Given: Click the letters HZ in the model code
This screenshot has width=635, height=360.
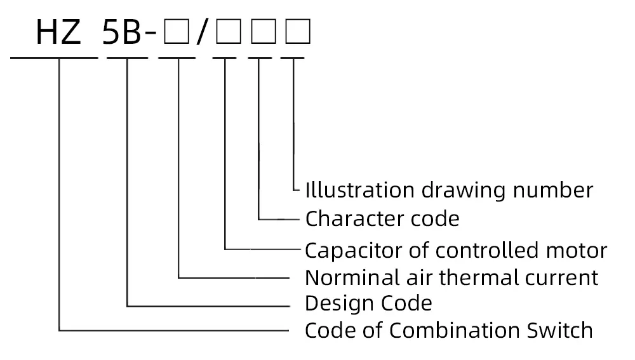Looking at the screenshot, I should click(x=58, y=33).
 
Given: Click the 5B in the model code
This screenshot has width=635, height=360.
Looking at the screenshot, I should click(x=122, y=33).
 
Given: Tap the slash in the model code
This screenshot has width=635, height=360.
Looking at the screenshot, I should click(x=201, y=33).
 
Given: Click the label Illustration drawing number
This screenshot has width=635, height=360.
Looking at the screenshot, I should click(x=449, y=190).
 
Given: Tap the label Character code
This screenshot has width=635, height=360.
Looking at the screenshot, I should click(x=382, y=219).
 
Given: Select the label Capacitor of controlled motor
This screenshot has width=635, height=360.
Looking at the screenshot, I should click(x=456, y=250).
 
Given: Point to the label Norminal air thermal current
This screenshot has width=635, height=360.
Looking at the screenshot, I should click(x=451, y=277).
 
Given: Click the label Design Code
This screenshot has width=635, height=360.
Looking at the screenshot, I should click(x=368, y=303).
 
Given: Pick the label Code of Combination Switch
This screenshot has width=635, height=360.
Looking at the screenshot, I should click(x=448, y=331).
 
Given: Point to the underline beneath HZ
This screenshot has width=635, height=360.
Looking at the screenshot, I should click(x=55, y=58).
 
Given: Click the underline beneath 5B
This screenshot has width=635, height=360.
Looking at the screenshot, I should click(x=128, y=58).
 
